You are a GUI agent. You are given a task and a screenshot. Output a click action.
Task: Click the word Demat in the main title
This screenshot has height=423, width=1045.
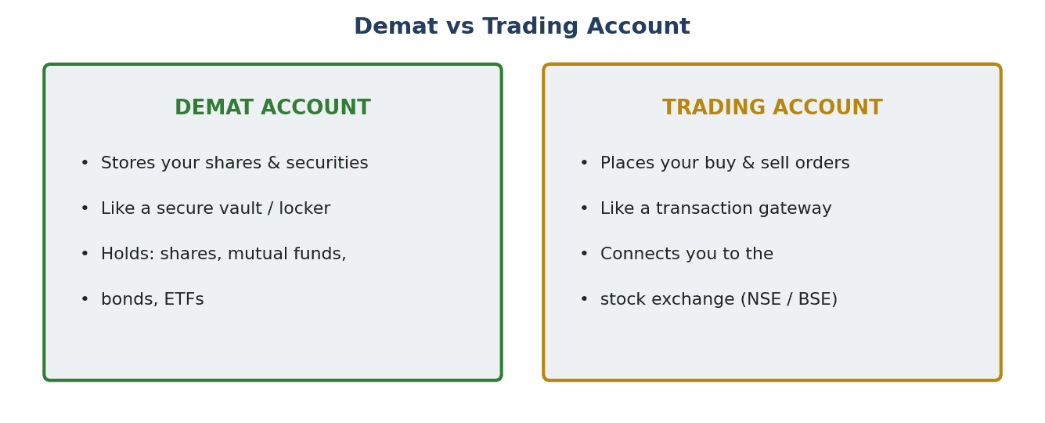click(396, 26)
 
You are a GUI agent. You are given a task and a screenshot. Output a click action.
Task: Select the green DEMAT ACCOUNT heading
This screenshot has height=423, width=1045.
click(273, 107)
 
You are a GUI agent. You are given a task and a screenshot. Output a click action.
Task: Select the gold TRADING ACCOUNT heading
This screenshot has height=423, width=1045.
click(773, 107)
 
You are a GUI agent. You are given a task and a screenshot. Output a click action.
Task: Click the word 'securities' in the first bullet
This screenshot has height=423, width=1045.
click(327, 162)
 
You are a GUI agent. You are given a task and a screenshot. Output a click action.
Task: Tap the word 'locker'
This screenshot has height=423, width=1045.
click(304, 208)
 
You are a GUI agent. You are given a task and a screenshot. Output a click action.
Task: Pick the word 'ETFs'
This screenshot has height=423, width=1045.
click(184, 298)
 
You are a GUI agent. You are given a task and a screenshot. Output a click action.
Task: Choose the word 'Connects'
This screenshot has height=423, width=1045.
click(639, 254)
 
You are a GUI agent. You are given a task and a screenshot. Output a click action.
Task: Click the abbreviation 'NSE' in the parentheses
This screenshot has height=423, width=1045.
click(764, 298)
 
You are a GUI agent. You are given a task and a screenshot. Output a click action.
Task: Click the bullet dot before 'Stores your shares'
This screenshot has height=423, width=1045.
click(85, 162)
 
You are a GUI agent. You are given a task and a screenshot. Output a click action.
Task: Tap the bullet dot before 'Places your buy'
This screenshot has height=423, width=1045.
click(584, 162)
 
